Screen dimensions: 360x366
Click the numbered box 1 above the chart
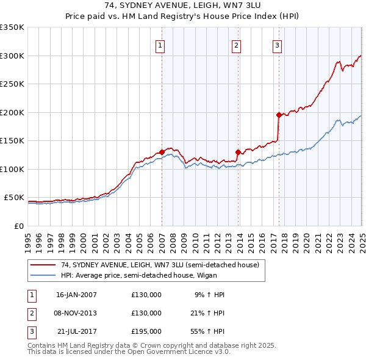(x=160, y=45)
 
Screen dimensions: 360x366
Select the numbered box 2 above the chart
(x=236, y=45)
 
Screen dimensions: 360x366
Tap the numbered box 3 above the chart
(x=277, y=45)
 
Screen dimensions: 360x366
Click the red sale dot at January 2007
(x=162, y=152)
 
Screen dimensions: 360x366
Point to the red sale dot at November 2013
(x=238, y=152)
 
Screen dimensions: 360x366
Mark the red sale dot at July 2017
(x=279, y=115)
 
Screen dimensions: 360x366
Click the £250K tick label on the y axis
(x=12, y=84)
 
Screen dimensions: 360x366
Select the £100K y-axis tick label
(x=12, y=169)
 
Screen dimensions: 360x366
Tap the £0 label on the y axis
(x=18, y=226)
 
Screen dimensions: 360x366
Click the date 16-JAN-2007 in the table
(x=76, y=295)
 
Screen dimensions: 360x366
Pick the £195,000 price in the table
(x=146, y=331)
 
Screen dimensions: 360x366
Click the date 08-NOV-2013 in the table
(x=76, y=313)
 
